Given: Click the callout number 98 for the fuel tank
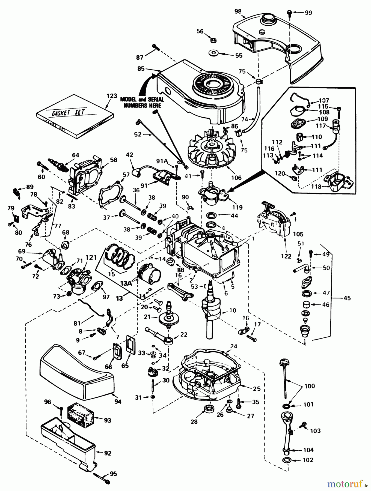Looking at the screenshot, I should coord(238,11).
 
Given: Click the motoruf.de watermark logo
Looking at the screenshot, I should coord(347,484).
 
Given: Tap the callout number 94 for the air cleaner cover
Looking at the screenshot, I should coord(118,402).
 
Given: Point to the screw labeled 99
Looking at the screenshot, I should coord(289,12).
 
